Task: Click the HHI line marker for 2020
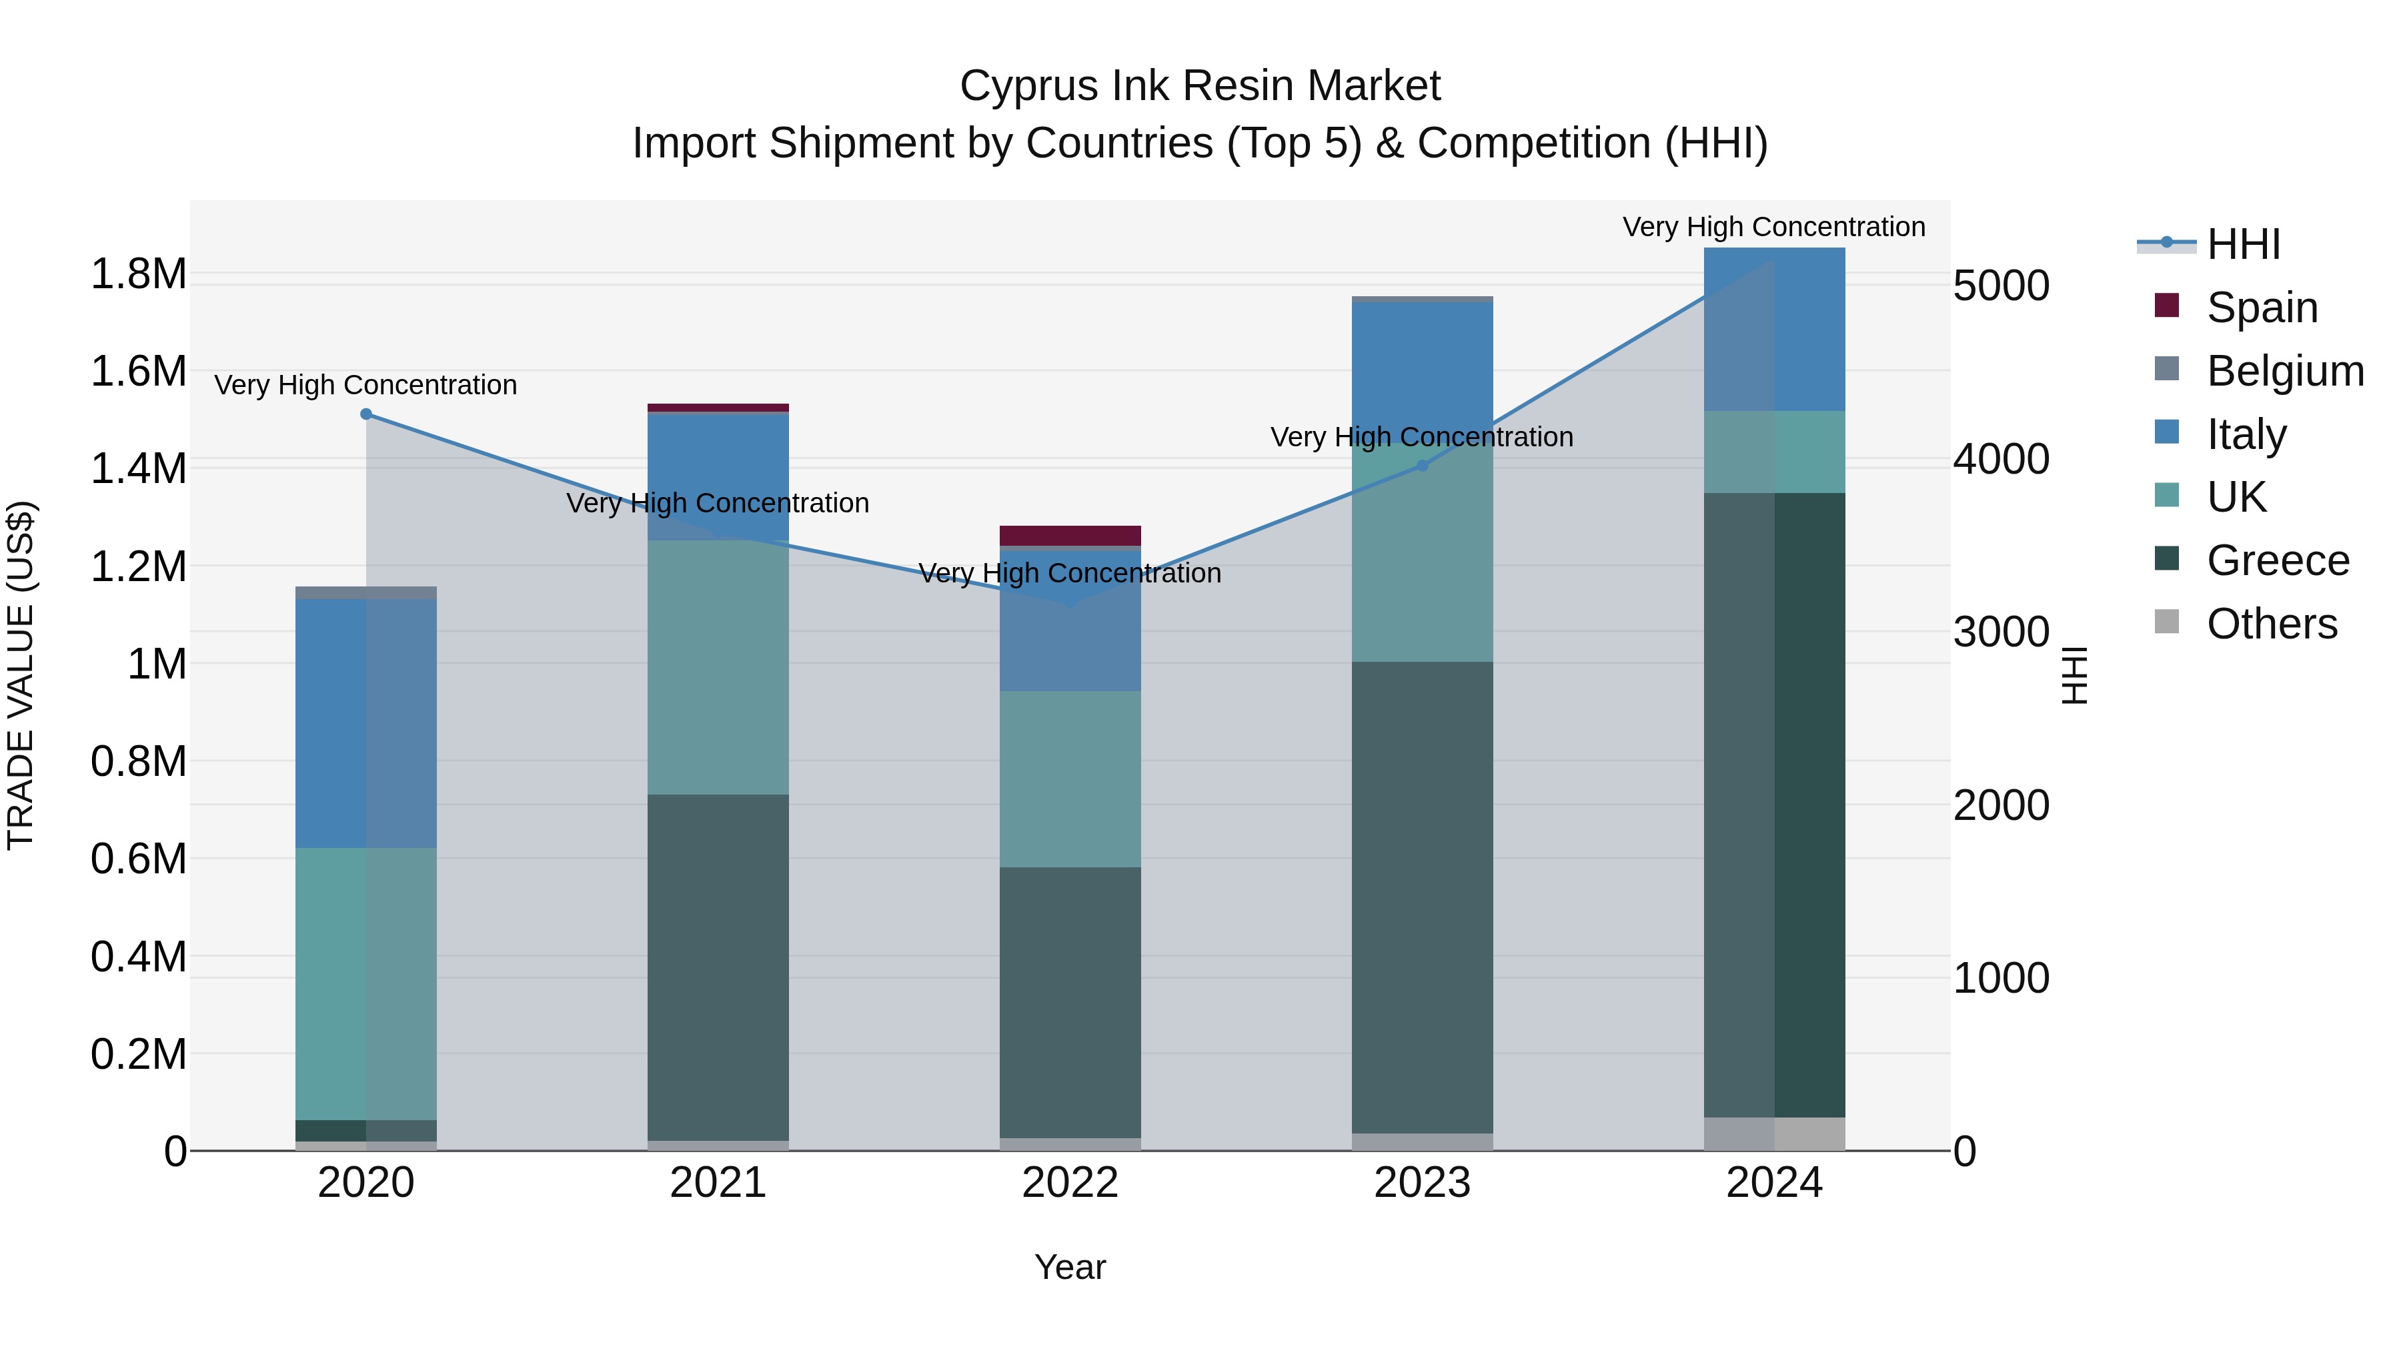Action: pos(366,414)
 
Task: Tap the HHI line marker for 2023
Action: pos(1423,465)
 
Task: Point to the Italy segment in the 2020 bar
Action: pos(366,723)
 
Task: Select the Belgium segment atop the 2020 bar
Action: pos(366,593)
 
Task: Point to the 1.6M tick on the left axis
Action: pos(138,371)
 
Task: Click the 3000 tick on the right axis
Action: pos(2001,632)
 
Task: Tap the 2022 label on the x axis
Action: pos(1070,1183)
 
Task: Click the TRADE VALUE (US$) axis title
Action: pos(21,675)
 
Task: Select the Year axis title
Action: pos(1070,1267)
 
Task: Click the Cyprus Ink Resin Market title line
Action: pos(1200,86)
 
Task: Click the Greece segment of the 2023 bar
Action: pos(1423,897)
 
